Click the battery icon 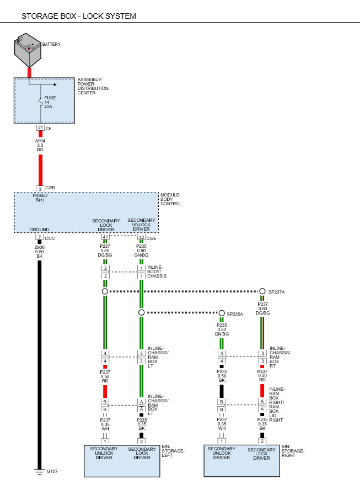coord(28,51)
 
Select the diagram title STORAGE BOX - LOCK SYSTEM coord(79,16)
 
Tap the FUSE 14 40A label coord(50,102)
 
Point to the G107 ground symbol coord(40,472)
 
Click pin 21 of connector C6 coord(40,128)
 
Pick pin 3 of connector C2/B coord(40,189)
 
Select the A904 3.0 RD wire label coord(40,145)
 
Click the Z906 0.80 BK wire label coord(40,252)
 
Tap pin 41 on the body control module coord(105,236)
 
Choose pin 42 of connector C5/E coord(141,237)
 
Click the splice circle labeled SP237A coord(262,291)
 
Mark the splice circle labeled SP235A coord(222,313)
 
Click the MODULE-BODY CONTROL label coord(171,199)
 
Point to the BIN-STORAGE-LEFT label coord(173,451)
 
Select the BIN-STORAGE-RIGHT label coord(293,451)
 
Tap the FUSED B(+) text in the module coord(40,198)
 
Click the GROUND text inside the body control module coord(39,230)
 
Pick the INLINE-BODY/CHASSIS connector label coord(157,272)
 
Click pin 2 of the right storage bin coord(262,441)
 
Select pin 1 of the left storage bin coord(105,441)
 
